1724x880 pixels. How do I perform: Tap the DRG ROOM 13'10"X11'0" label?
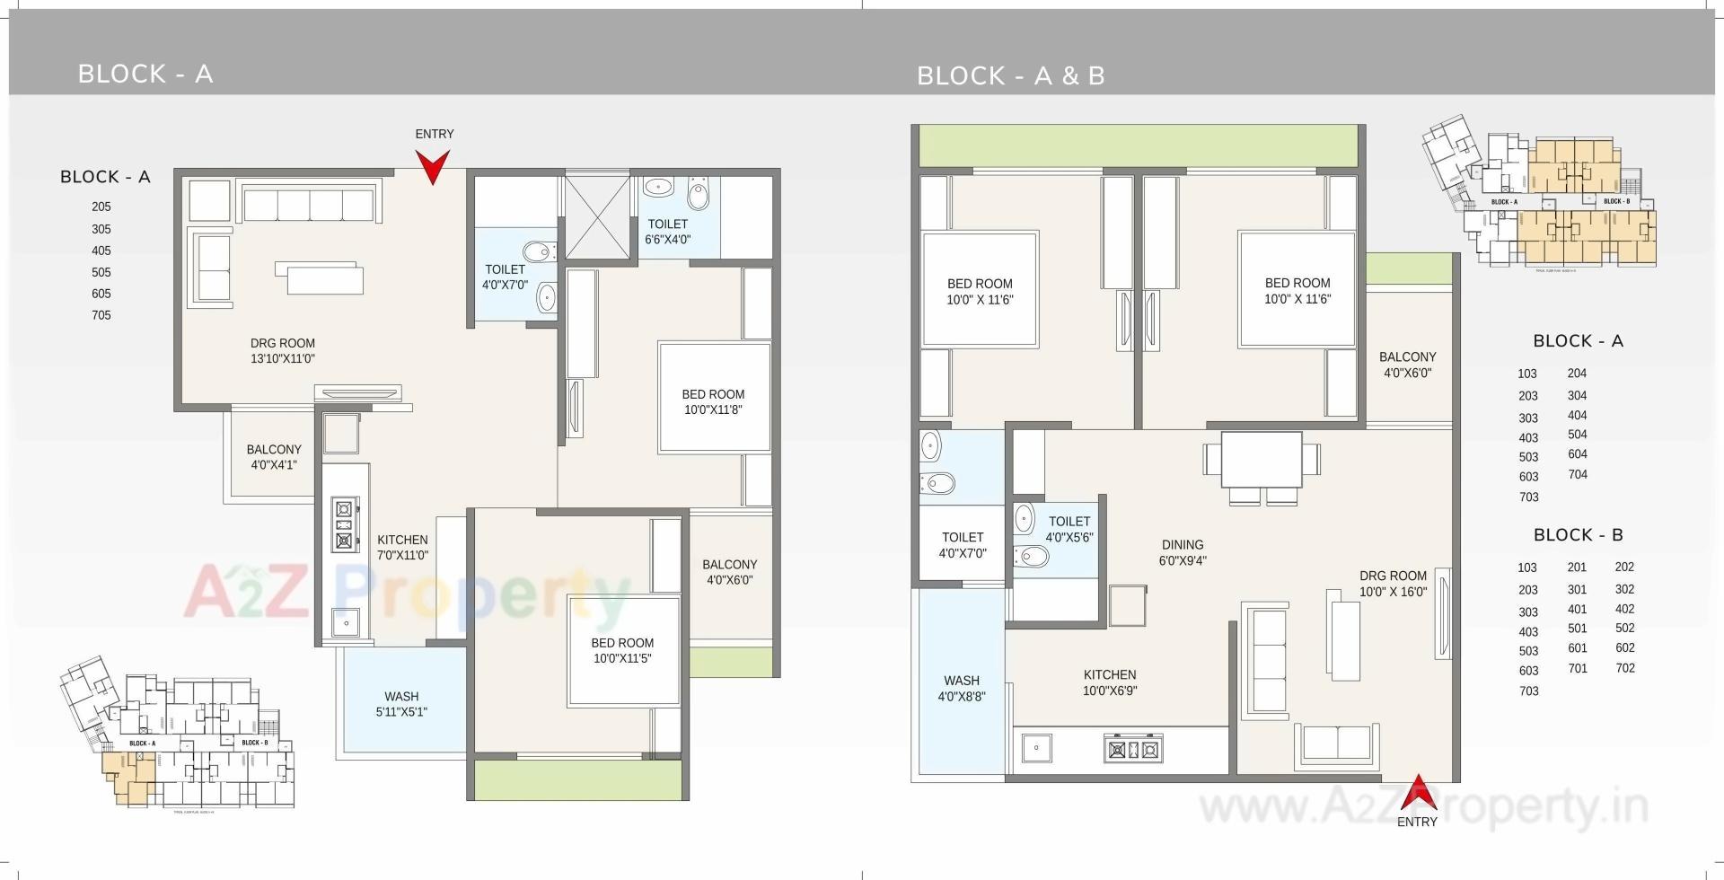(x=282, y=351)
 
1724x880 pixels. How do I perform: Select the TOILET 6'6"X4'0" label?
(x=667, y=232)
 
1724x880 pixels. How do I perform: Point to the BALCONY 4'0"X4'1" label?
(x=274, y=457)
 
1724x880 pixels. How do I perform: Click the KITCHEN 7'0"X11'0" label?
(x=402, y=547)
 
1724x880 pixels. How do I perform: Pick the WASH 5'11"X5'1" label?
(x=401, y=704)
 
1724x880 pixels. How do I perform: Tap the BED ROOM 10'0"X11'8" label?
(x=713, y=401)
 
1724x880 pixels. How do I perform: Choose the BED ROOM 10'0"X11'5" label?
(x=622, y=650)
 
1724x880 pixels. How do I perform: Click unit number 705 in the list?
(x=101, y=315)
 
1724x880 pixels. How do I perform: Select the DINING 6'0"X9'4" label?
(x=1182, y=552)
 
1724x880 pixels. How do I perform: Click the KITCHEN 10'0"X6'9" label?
(x=1110, y=682)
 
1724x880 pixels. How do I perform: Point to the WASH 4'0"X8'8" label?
(x=962, y=688)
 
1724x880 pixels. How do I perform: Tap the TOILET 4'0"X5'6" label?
(x=1069, y=529)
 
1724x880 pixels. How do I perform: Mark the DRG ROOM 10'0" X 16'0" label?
(x=1393, y=584)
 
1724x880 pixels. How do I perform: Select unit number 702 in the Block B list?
(x=1624, y=668)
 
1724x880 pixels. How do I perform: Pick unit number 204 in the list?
(x=1577, y=374)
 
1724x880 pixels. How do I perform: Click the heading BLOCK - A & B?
(x=1010, y=76)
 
